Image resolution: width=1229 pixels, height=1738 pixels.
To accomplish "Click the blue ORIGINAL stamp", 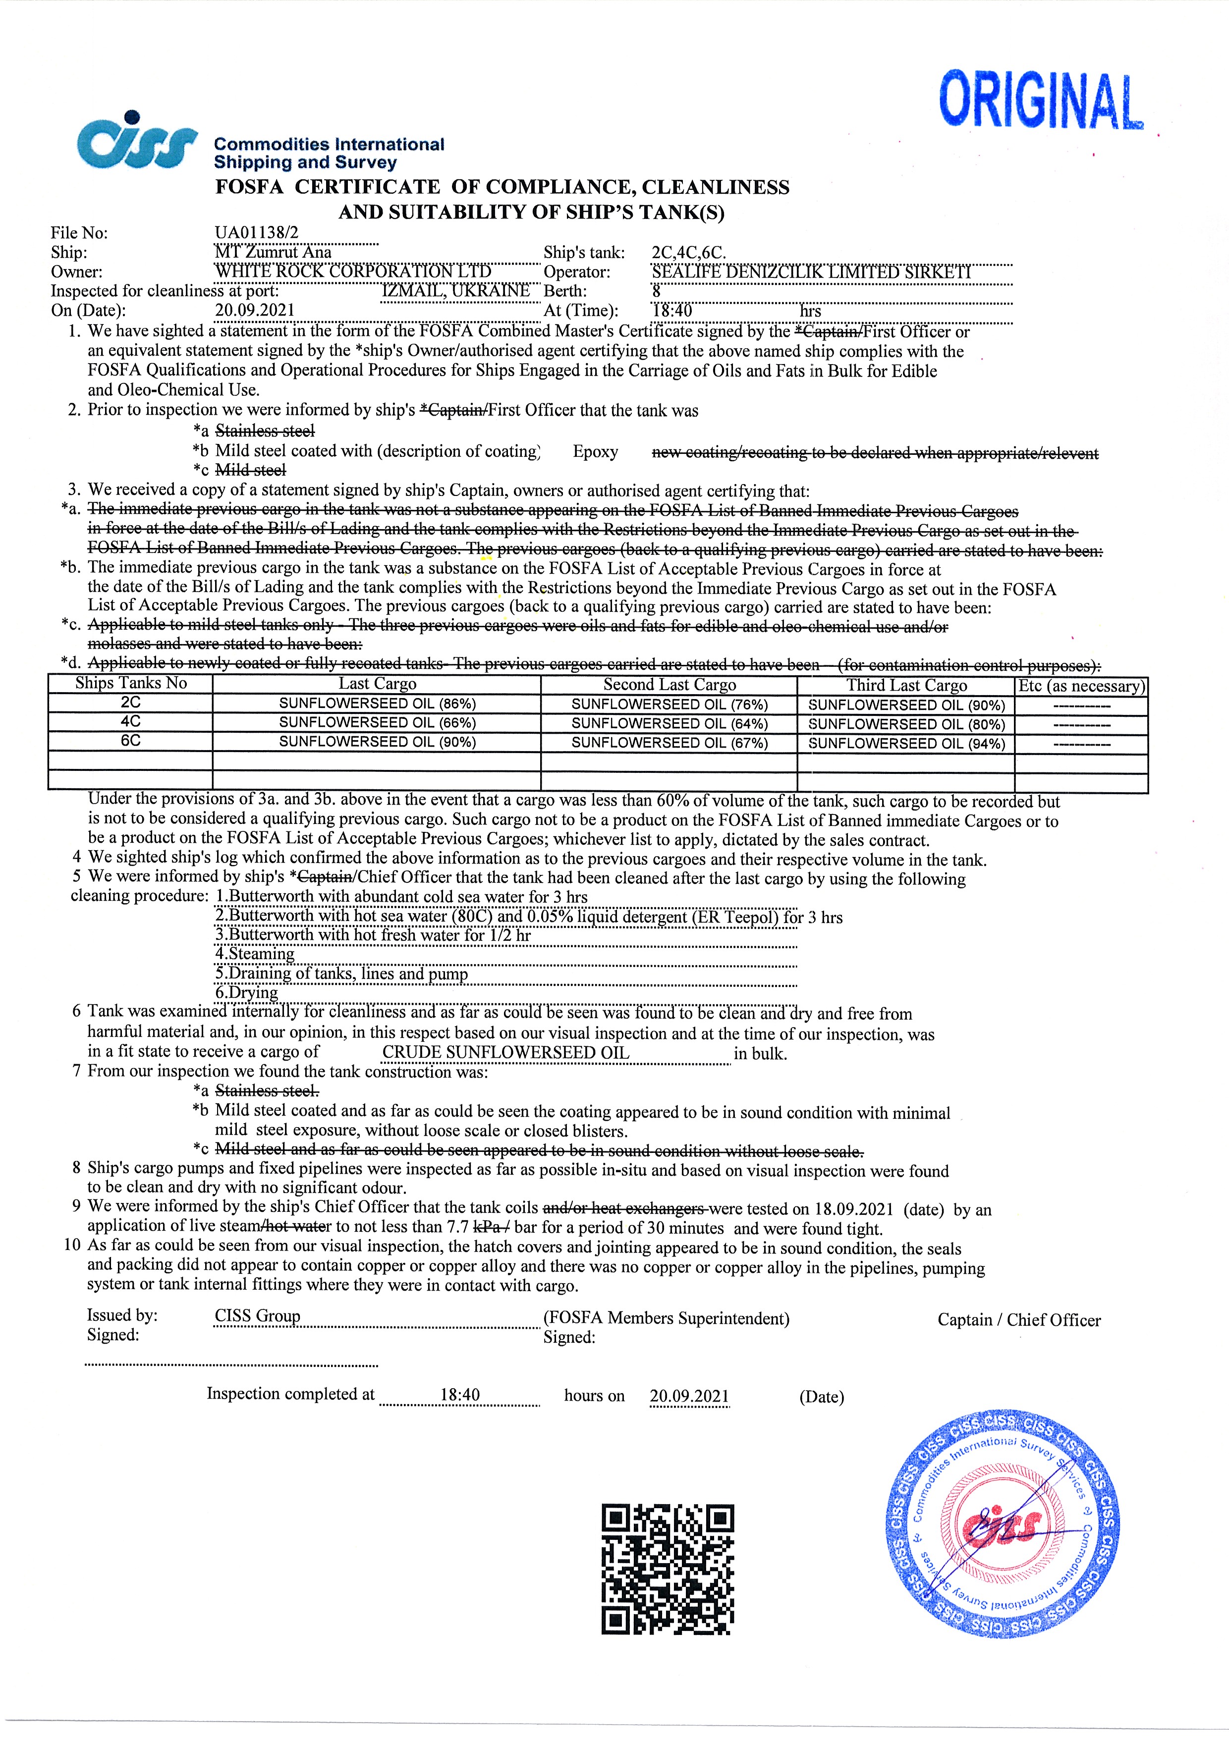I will pos(1041,101).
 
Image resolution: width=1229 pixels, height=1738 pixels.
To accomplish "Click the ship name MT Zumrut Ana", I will pos(274,252).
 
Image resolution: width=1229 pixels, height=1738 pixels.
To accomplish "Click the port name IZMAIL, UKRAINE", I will pos(456,291).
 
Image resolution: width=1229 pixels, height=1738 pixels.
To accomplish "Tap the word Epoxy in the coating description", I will pos(595,452).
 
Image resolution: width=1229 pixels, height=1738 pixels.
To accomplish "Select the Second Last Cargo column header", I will pos(670,684).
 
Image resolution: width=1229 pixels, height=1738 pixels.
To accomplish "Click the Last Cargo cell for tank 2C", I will pos(377,703).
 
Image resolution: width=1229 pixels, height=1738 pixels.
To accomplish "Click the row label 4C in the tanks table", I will pos(130,721).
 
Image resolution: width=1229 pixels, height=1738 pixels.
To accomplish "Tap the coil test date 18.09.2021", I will pos(853,1209).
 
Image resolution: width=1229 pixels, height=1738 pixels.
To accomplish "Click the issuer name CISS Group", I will pos(258,1315).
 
